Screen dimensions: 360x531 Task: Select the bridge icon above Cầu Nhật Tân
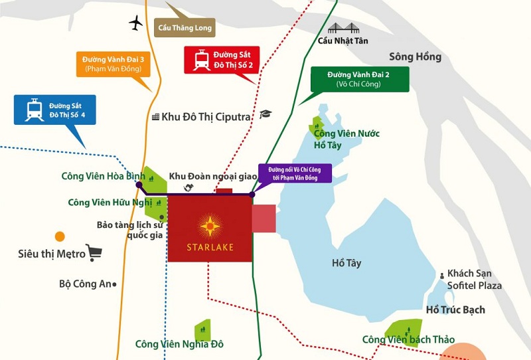(x=342, y=28)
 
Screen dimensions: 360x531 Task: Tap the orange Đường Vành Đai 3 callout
(x=114, y=64)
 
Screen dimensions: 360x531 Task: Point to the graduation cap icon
(x=265, y=114)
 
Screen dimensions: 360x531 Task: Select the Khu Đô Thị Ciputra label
(x=201, y=117)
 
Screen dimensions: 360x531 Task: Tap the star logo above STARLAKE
(x=210, y=226)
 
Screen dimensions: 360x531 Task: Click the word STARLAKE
(x=210, y=248)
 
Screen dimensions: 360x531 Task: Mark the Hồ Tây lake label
(x=346, y=263)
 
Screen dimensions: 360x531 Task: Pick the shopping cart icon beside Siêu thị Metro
(x=94, y=252)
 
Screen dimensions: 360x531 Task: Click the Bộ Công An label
(x=85, y=284)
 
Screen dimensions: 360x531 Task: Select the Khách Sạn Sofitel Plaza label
(x=474, y=280)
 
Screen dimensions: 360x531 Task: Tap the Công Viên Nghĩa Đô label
(x=179, y=344)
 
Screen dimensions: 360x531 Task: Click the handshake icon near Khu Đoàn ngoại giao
(x=189, y=188)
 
